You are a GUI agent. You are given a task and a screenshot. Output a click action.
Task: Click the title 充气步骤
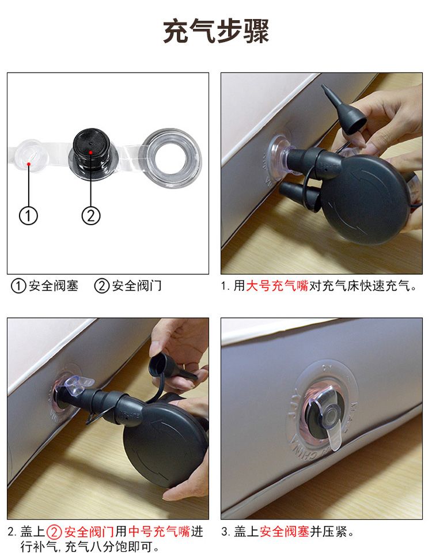216,31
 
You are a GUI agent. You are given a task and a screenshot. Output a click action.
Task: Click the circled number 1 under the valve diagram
28,215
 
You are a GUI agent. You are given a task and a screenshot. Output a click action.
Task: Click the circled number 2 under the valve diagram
91,215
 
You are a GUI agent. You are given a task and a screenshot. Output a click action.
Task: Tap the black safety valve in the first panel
93,154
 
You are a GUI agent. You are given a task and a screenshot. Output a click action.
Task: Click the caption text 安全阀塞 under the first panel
54,286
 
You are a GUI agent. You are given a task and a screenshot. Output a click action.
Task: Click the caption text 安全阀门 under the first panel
137,286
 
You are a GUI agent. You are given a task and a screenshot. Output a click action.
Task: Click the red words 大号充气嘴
277,286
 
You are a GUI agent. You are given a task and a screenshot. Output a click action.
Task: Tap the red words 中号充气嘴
159,531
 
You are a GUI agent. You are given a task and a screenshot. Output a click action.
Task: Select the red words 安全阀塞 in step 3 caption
285,531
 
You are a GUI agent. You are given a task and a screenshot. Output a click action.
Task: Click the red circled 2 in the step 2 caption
54,532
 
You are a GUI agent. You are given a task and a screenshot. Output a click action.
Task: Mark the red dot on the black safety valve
90,152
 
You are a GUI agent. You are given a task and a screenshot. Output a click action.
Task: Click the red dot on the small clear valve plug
29,164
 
